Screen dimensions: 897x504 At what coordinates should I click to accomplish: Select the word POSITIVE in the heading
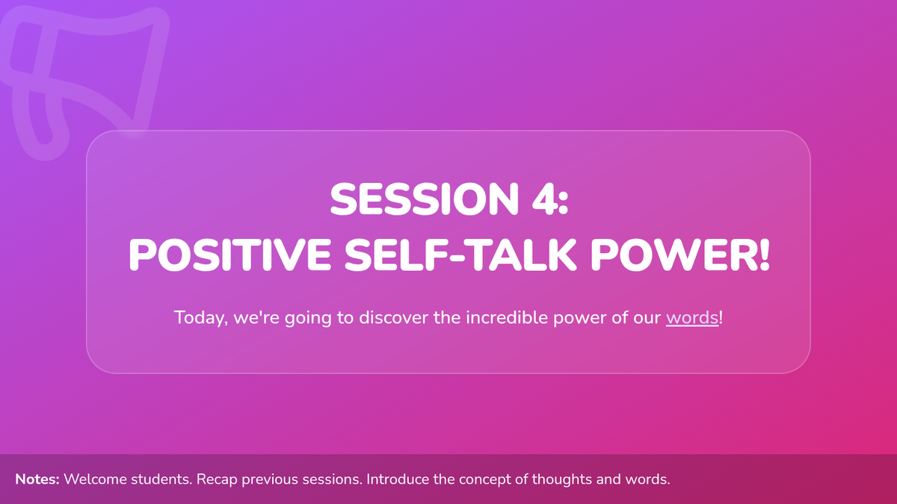(x=230, y=255)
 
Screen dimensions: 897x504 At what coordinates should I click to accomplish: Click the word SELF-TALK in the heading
(x=460, y=255)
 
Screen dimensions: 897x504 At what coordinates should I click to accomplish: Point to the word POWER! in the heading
(x=680, y=255)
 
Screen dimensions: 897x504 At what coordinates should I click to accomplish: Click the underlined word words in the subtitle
(x=692, y=317)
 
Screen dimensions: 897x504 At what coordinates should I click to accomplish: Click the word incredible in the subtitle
(x=507, y=317)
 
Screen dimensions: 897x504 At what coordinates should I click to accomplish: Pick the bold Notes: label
(x=37, y=479)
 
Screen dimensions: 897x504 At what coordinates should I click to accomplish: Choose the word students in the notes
(x=161, y=479)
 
